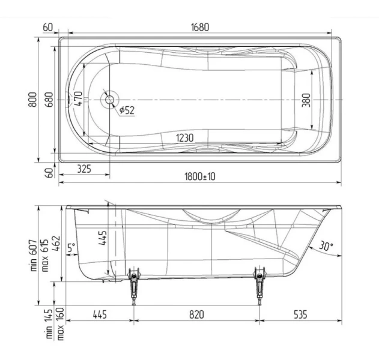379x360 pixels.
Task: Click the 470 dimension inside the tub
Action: pos(77,98)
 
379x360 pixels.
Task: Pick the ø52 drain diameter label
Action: pos(126,110)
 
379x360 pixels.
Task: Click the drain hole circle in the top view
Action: pos(109,99)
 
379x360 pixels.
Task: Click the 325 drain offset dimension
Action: pos(84,169)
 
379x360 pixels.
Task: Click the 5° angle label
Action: pos(71,247)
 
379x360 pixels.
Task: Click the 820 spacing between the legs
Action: pos(196,314)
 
